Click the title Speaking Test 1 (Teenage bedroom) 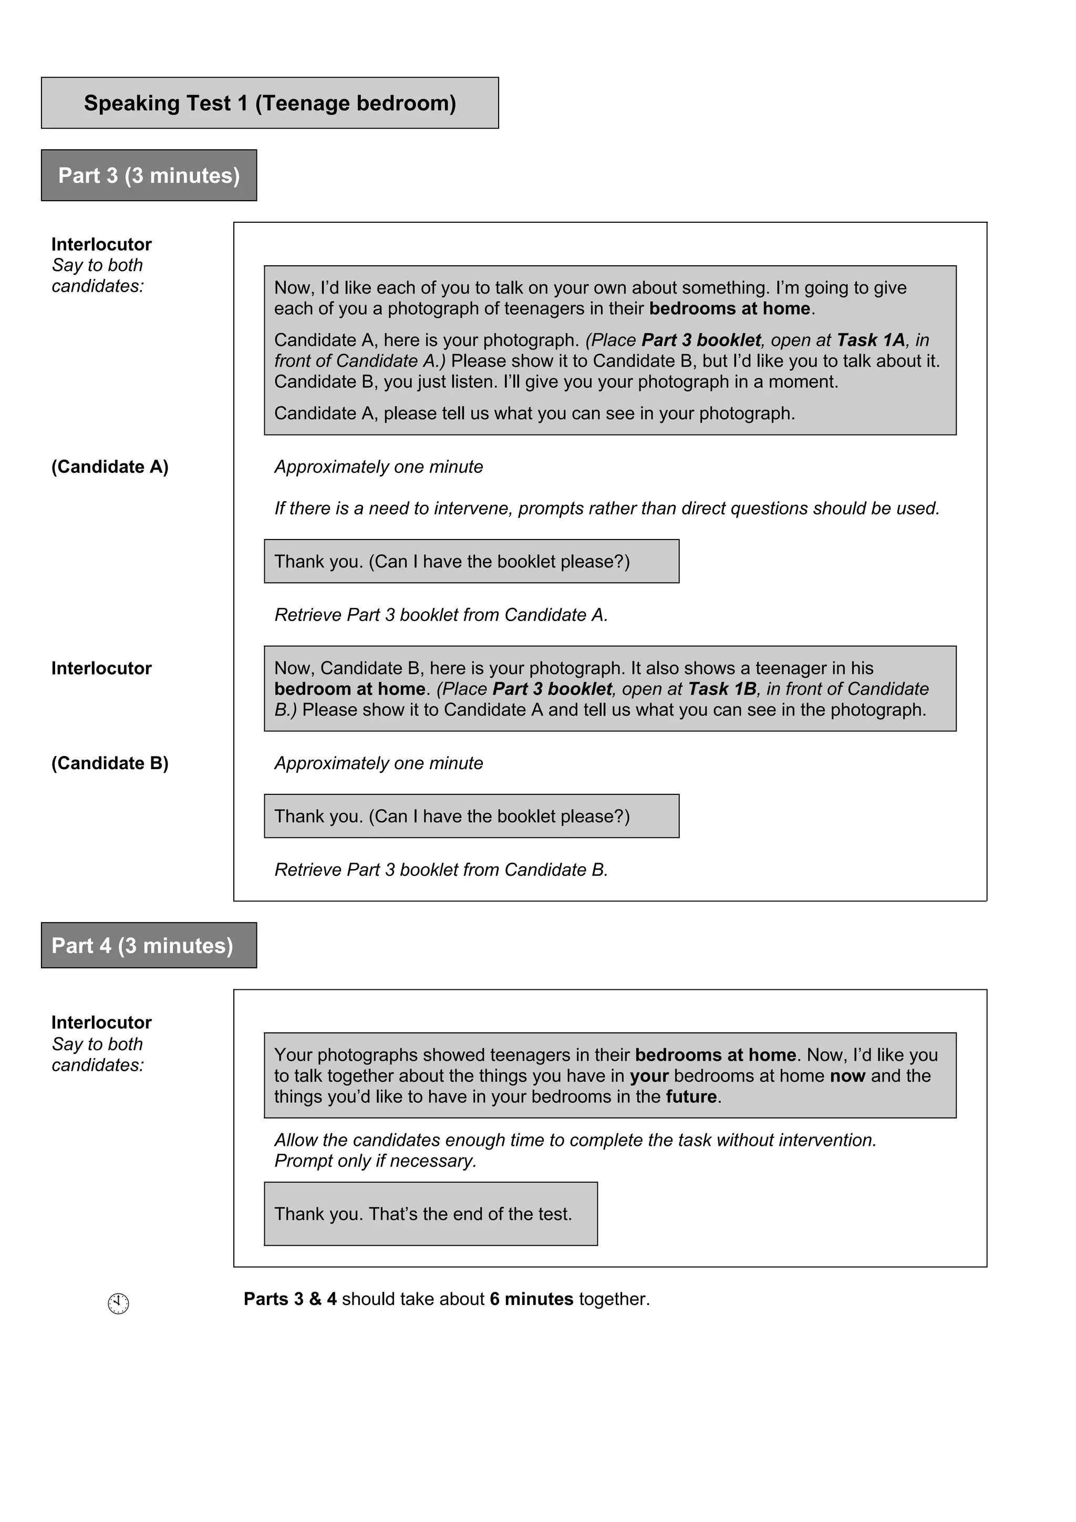coord(270,103)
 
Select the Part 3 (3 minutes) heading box coord(149,175)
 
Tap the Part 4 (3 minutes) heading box coord(149,945)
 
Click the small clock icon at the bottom coord(118,1303)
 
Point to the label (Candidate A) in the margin coord(110,467)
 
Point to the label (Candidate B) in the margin coord(110,763)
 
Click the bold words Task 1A coord(871,340)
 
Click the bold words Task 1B coord(722,689)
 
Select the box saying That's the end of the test coord(430,1214)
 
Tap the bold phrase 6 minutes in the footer coord(531,1299)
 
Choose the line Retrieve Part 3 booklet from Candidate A coord(441,615)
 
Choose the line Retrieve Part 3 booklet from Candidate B coord(441,869)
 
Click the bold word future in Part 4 coord(691,1096)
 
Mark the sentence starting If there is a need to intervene coord(607,509)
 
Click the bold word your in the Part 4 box coord(648,1076)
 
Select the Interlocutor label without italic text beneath coord(101,668)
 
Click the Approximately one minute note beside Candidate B coord(379,763)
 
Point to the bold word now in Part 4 coord(847,1076)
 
